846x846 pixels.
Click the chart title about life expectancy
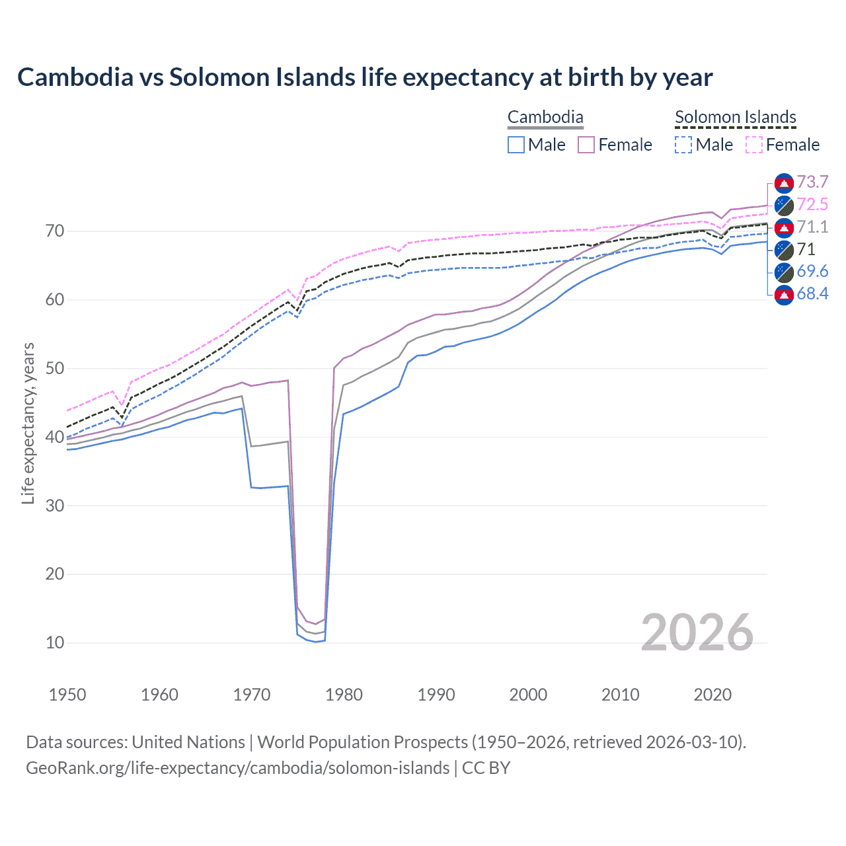tap(365, 77)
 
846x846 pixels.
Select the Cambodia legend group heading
tap(545, 118)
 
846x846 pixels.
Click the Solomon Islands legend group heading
tap(735, 118)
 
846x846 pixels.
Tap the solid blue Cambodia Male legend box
tap(516, 145)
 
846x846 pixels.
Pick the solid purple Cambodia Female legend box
tap(586, 145)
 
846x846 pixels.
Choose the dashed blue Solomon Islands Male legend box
tap(683, 145)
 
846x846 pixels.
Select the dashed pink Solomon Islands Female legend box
tap(754, 145)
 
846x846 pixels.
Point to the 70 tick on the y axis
tap(55, 231)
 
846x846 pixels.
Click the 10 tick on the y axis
tap(55, 642)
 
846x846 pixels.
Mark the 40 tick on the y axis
tap(55, 437)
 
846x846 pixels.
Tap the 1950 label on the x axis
tap(67, 695)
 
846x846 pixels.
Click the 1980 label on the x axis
tap(344, 695)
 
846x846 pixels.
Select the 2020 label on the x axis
tap(712, 695)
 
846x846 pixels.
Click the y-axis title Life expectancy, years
tap(28, 423)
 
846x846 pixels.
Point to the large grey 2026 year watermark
tap(697, 633)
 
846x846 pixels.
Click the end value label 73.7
tap(812, 182)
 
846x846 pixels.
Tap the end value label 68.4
tap(812, 294)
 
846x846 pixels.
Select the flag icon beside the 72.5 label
tap(784, 205)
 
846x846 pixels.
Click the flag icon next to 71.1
tap(784, 227)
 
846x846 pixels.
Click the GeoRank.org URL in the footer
tap(238, 768)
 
